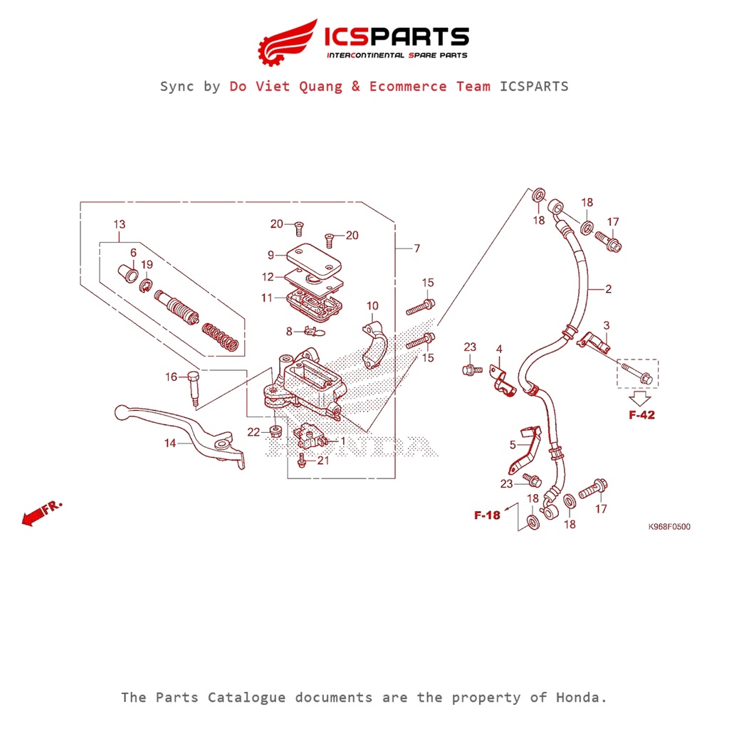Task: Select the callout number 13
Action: (119, 225)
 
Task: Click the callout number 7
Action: (417, 248)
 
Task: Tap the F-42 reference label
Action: (641, 415)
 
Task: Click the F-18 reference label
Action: (488, 515)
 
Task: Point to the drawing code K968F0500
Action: (668, 527)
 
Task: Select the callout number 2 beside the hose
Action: (609, 289)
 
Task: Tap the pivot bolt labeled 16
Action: (194, 389)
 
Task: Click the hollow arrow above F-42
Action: (640, 395)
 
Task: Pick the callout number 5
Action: (512, 445)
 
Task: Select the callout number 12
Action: (267, 277)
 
